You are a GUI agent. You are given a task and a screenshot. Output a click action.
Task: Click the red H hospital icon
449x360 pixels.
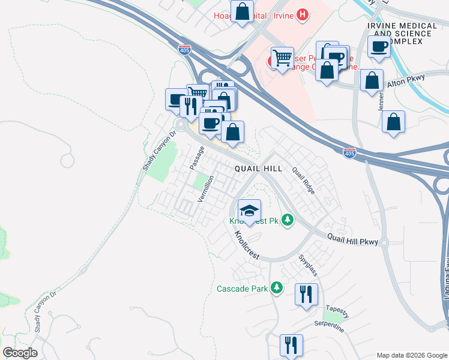(303, 14)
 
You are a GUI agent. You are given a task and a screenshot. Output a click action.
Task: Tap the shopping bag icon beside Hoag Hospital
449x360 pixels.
(242, 12)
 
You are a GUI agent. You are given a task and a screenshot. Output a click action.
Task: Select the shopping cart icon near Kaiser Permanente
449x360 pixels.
(282, 58)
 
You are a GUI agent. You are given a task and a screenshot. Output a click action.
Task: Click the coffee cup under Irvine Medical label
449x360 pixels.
(379, 47)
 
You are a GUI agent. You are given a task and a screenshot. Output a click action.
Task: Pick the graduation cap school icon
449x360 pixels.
(249, 211)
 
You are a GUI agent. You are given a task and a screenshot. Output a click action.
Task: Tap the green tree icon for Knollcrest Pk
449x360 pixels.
(288, 220)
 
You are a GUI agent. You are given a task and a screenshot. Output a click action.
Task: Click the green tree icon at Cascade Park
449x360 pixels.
(277, 289)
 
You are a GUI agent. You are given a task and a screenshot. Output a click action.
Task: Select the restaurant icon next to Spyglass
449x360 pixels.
(306, 295)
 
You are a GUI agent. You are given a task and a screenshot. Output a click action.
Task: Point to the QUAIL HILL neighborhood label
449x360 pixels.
(258, 169)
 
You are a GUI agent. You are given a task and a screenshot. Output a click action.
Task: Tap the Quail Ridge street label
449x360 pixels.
(303, 180)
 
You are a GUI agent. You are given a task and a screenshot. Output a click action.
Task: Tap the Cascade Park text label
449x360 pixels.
(242, 289)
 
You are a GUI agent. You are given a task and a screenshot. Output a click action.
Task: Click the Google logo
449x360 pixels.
(20, 353)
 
